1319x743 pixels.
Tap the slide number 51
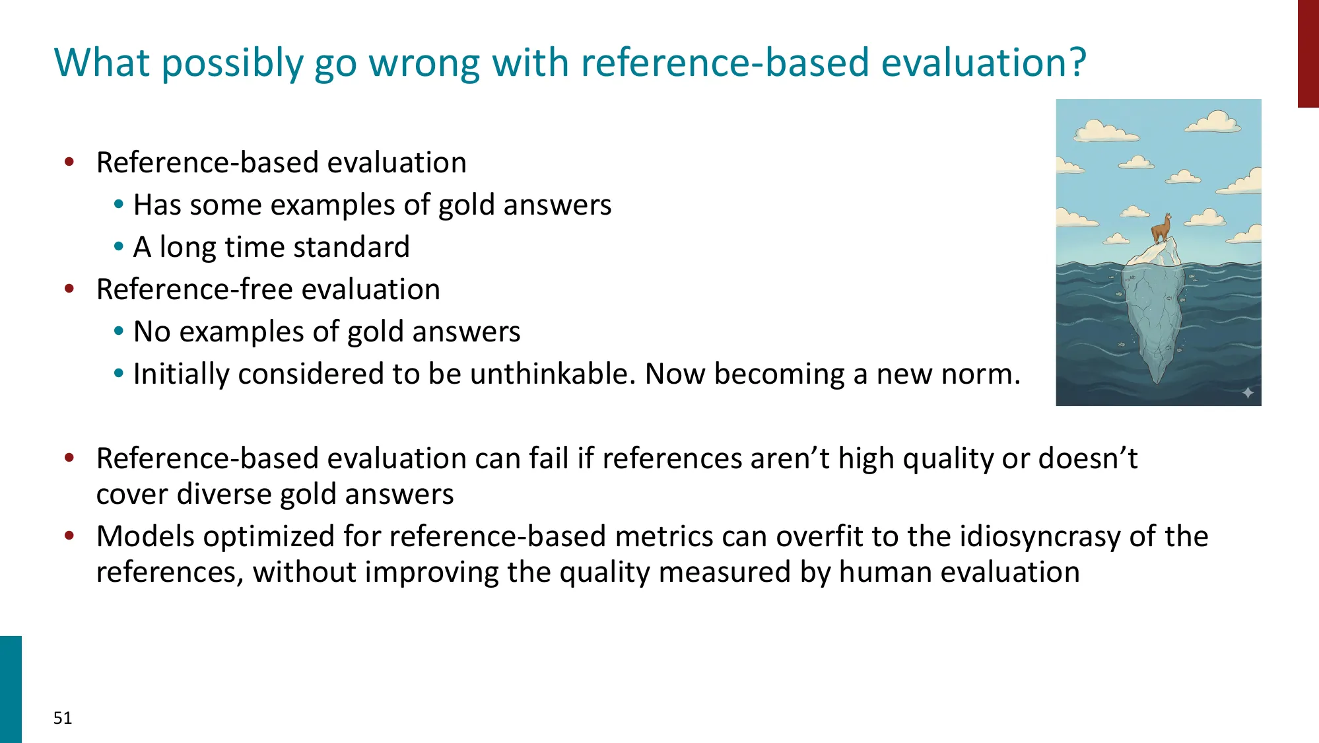pos(63,718)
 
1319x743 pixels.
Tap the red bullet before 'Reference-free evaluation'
pos(69,289)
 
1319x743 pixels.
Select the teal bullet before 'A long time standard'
pos(119,247)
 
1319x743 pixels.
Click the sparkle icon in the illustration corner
pos(1248,393)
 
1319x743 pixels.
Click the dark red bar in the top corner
pos(1308,53)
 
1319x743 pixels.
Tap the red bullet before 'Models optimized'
pos(69,536)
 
